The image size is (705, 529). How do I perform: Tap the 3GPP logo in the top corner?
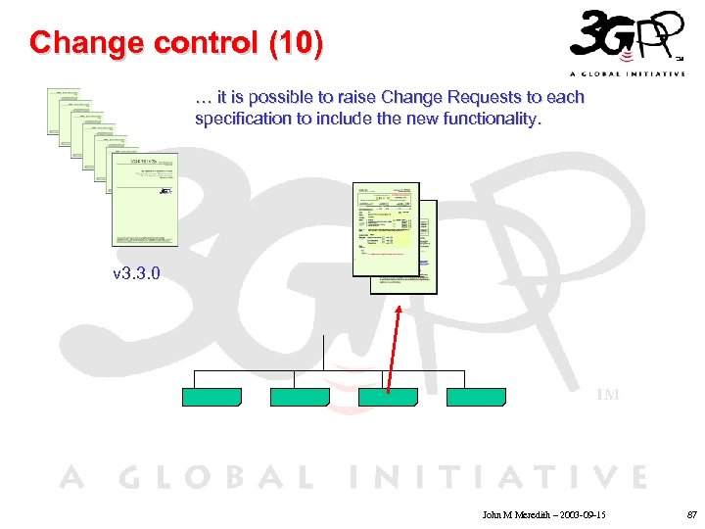tap(626, 43)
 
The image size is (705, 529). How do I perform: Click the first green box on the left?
tap(211, 397)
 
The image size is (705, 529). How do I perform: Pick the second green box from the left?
tap(300, 397)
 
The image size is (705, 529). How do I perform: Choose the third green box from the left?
tap(388, 397)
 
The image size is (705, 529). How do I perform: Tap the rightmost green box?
tap(476, 397)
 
